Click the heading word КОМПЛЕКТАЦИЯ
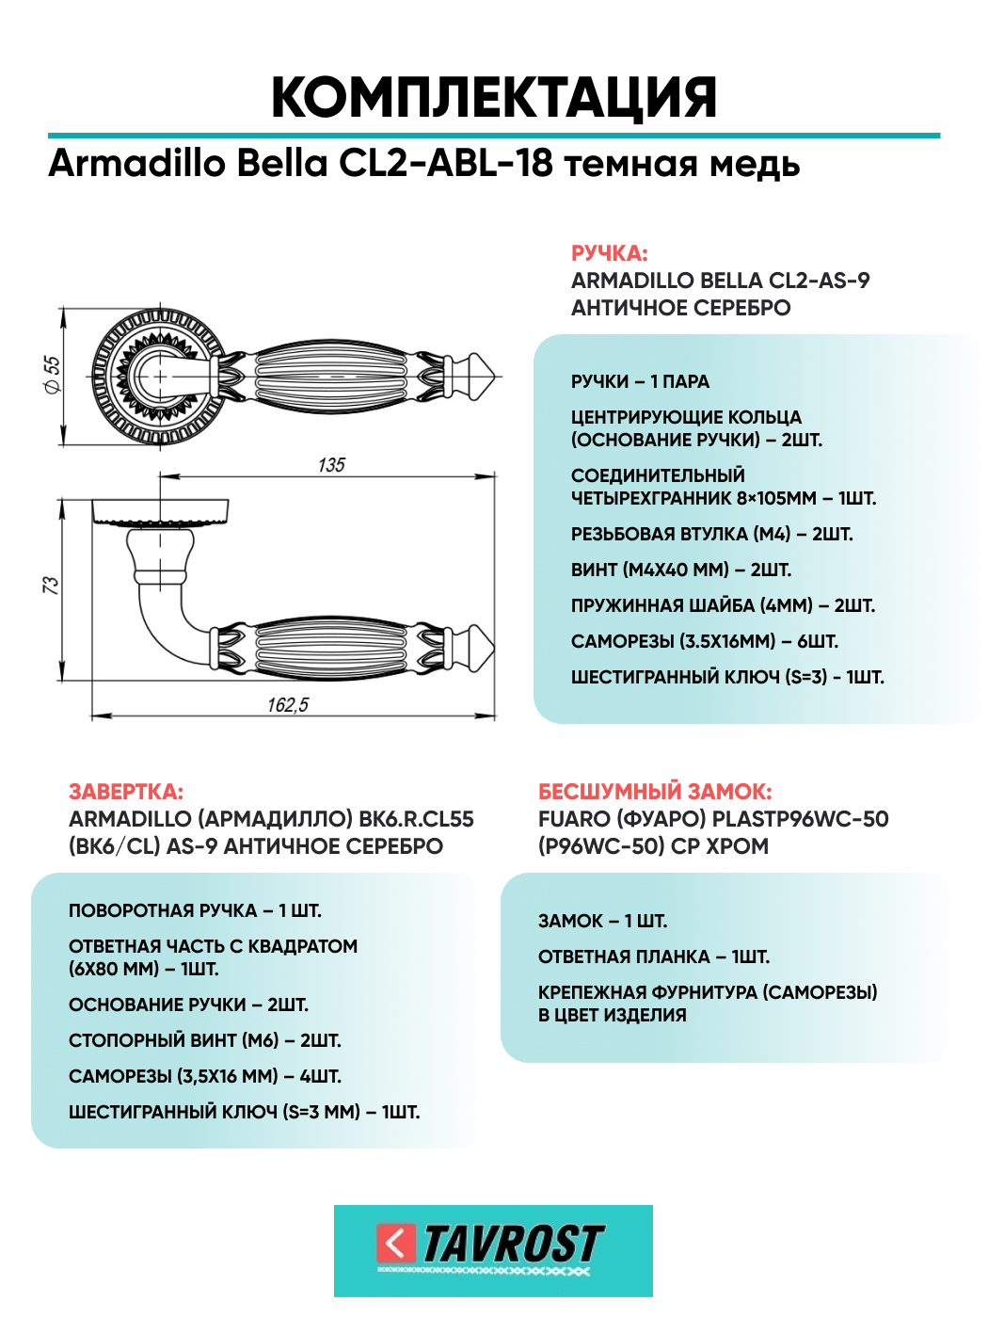click(494, 98)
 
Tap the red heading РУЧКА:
click(609, 253)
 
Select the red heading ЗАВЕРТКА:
click(126, 792)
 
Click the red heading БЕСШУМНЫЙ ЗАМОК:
click(655, 792)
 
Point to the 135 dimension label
click(331, 465)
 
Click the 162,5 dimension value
click(288, 705)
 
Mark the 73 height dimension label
click(51, 585)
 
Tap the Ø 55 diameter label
click(52, 376)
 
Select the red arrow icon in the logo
click(395, 1244)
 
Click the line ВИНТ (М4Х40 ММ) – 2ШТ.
click(681, 570)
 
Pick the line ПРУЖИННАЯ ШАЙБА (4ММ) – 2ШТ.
click(723, 605)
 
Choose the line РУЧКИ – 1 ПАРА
click(640, 382)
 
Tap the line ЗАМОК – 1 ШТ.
click(602, 921)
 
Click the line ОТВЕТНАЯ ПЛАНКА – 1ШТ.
click(654, 956)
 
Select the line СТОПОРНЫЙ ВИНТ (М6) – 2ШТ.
click(204, 1040)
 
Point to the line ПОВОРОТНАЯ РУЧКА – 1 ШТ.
click(195, 911)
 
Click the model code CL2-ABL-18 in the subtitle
click(446, 163)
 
